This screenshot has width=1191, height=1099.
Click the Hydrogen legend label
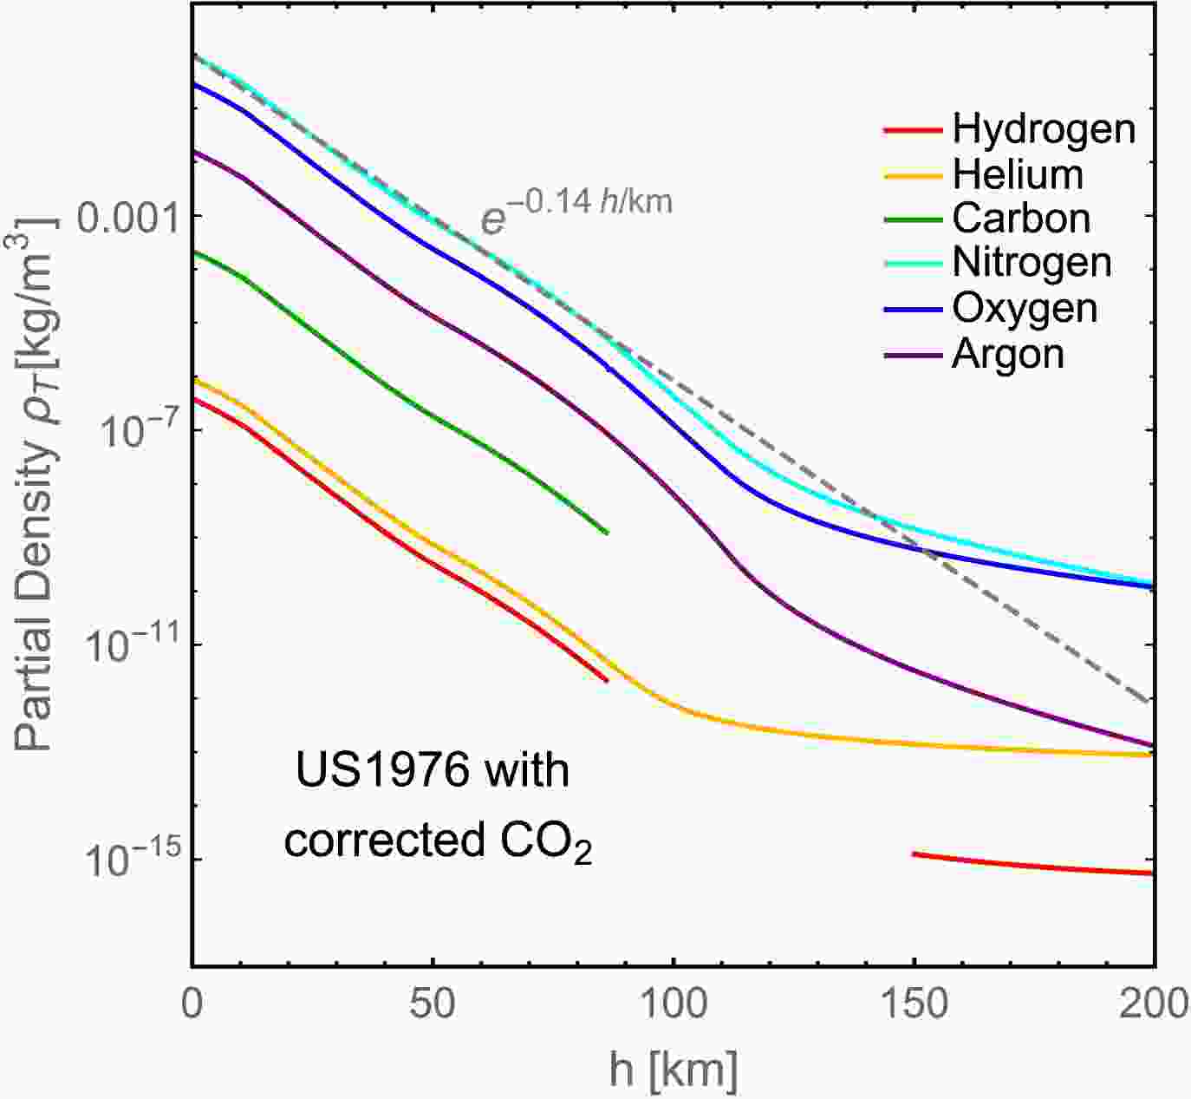pyautogui.click(x=1043, y=129)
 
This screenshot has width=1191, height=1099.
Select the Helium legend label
pyautogui.click(x=1018, y=174)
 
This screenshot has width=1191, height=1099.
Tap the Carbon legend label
pyautogui.click(x=1021, y=219)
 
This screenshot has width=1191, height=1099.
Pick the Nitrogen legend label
pyautogui.click(x=1032, y=263)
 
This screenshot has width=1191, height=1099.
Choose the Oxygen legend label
pyautogui.click(x=1025, y=309)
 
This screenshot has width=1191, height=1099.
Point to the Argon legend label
pyautogui.click(x=1007, y=354)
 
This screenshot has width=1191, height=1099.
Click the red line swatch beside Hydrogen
pyautogui.click(x=913, y=130)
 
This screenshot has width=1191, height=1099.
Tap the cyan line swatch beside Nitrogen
pyautogui.click(x=913, y=264)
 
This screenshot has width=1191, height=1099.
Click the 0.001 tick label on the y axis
pyautogui.click(x=127, y=215)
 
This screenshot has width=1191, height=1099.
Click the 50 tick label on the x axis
pyautogui.click(x=432, y=1004)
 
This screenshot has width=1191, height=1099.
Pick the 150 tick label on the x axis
pyautogui.click(x=913, y=1004)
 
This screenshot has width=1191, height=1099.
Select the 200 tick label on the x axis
pyautogui.click(x=1153, y=1004)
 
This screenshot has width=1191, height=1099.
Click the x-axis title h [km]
pyautogui.click(x=673, y=1070)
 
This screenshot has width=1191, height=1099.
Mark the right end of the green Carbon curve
pyautogui.click(x=607, y=532)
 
